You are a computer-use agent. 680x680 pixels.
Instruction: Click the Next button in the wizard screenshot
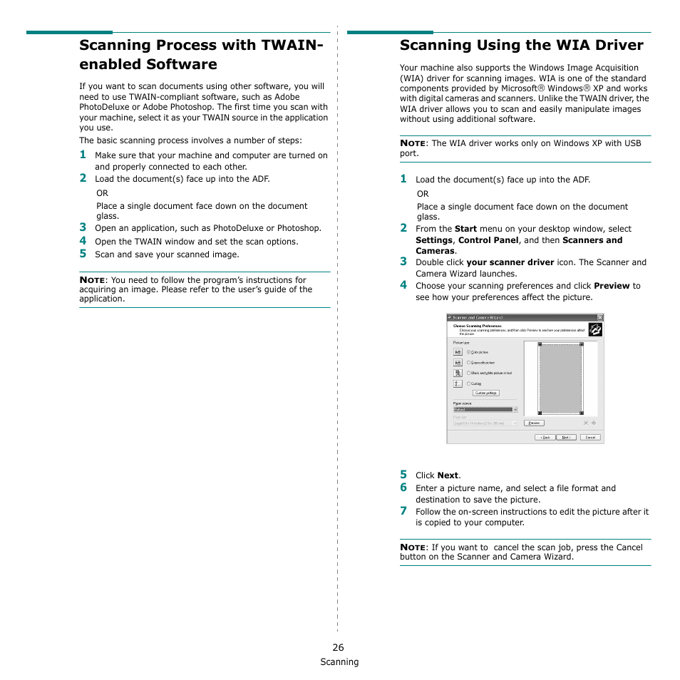tap(565, 437)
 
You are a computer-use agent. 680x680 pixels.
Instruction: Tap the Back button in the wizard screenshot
tap(545, 437)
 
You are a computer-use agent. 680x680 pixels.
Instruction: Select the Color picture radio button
tap(468, 351)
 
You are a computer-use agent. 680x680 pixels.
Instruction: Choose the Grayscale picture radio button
tap(468, 362)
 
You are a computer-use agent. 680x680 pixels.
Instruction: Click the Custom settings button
tap(485, 393)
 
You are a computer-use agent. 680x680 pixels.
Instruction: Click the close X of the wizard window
tap(599, 317)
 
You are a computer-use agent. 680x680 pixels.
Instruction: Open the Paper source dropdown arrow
tap(515, 410)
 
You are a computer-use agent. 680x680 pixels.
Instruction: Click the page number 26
tap(338, 647)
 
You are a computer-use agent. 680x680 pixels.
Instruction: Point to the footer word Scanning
tap(339, 662)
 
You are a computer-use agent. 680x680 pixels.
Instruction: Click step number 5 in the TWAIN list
tap(83, 254)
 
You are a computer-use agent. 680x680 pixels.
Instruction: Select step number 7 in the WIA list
tap(403, 510)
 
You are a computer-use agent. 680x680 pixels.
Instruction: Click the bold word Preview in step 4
tap(612, 286)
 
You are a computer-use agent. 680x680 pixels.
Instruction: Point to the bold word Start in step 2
tap(465, 229)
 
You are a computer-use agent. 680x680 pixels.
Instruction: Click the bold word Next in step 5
tap(448, 475)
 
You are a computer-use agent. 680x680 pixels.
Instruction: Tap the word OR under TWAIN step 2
tap(103, 193)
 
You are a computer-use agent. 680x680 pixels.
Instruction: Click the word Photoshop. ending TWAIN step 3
tap(299, 228)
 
